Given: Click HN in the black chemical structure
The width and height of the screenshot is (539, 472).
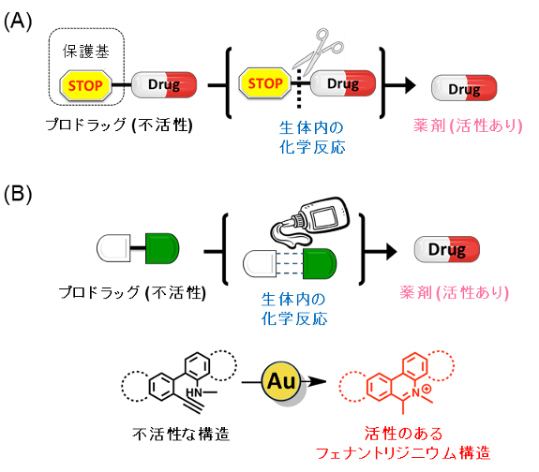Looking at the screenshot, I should [x=196, y=391].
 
